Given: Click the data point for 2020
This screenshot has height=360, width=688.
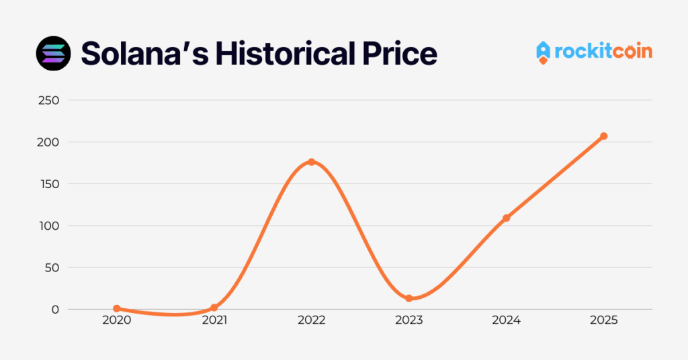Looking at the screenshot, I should pos(117,308).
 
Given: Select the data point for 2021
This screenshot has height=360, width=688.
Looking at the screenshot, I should pos(214,308).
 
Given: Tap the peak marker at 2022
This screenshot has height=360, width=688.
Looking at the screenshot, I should pos(312,162).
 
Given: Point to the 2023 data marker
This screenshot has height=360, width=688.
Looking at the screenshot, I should pos(408,298).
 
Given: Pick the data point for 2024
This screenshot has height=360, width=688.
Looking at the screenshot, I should pos(506,218).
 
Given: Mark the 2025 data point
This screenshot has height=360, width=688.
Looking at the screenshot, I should pos(603,136).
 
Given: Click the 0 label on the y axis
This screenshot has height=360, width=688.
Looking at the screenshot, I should pos(55,310).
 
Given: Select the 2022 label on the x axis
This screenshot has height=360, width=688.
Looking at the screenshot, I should pos(312,321).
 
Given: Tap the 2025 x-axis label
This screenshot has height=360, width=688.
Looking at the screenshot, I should pos(603,321).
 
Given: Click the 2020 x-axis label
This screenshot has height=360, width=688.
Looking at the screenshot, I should pos(117,321).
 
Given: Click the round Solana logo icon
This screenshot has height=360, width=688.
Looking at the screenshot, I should pos(53,53).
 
